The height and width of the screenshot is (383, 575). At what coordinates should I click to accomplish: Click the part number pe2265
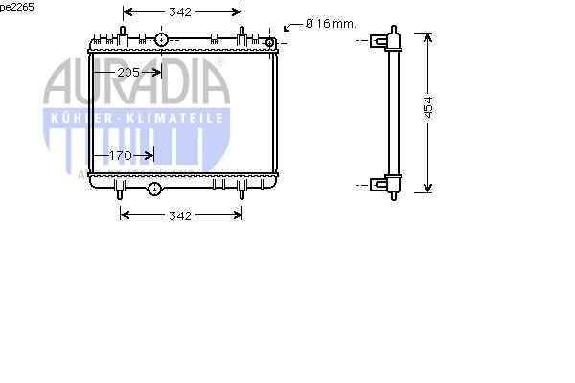click(17, 7)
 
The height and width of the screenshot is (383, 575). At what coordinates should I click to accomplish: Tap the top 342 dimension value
click(180, 12)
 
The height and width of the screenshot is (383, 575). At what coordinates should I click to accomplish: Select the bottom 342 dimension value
click(180, 215)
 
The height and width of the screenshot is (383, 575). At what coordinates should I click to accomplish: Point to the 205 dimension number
click(128, 73)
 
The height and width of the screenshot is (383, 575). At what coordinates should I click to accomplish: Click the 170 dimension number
click(121, 156)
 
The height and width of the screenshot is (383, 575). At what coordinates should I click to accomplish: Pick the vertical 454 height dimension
click(428, 108)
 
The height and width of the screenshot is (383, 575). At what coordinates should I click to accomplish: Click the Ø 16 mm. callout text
click(331, 24)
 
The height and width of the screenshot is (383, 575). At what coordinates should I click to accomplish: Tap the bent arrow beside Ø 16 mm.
click(292, 27)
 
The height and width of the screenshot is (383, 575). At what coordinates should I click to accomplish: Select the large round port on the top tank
click(161, 39)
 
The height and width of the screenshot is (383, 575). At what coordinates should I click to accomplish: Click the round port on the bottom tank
click(154, 190)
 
